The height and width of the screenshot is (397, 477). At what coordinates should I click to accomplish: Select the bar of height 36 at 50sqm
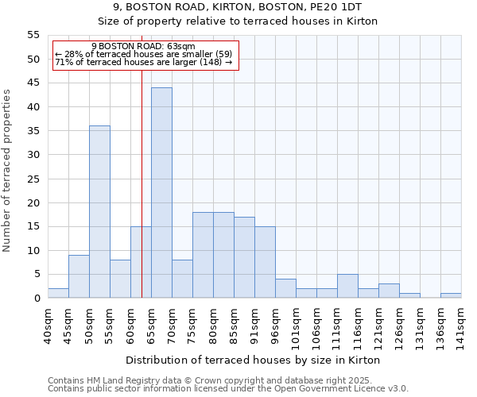(99, 212)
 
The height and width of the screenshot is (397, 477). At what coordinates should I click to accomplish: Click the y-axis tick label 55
(33, 35)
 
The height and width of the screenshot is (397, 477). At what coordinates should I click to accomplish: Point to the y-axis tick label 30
(33, 155)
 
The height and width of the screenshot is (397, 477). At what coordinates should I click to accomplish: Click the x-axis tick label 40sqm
(48, 326)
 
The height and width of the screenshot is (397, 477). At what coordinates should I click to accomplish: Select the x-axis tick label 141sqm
(462, 326)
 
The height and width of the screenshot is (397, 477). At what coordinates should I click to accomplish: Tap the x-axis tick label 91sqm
(255, 326)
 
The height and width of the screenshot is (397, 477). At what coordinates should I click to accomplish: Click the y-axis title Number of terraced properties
(7, 170)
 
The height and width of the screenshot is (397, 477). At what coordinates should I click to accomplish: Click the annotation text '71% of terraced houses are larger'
(143, 62)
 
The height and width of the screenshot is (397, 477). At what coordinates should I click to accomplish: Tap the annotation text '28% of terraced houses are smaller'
(143, 54)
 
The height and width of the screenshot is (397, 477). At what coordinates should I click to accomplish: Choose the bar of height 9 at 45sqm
(79, 276)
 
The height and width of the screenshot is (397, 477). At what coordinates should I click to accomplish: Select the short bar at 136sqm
(451, 295)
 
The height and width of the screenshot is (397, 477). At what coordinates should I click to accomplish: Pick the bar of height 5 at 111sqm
(347, 286)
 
